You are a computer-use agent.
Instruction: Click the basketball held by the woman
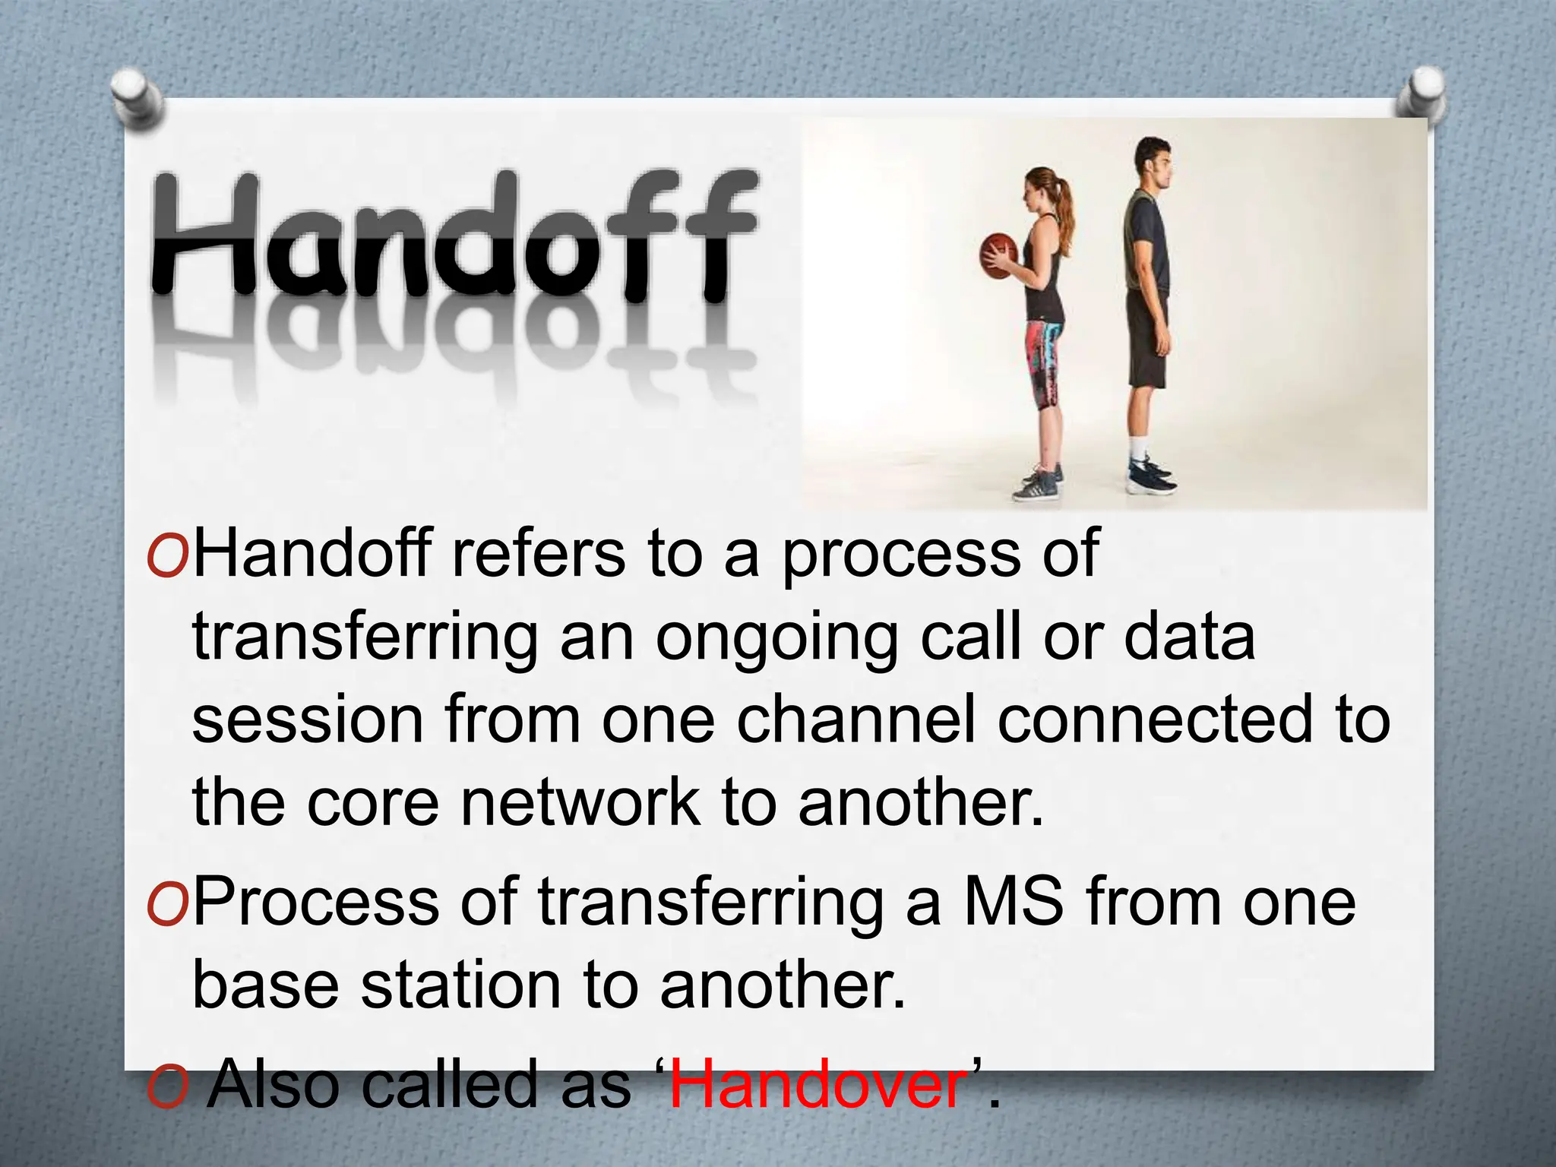click(x=998, y=256)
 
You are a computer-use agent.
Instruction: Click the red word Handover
click(x=818, y=1084)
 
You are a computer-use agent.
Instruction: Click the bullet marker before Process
click(x=167, y=904)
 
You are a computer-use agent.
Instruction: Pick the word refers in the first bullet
click(x=538, y=555)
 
